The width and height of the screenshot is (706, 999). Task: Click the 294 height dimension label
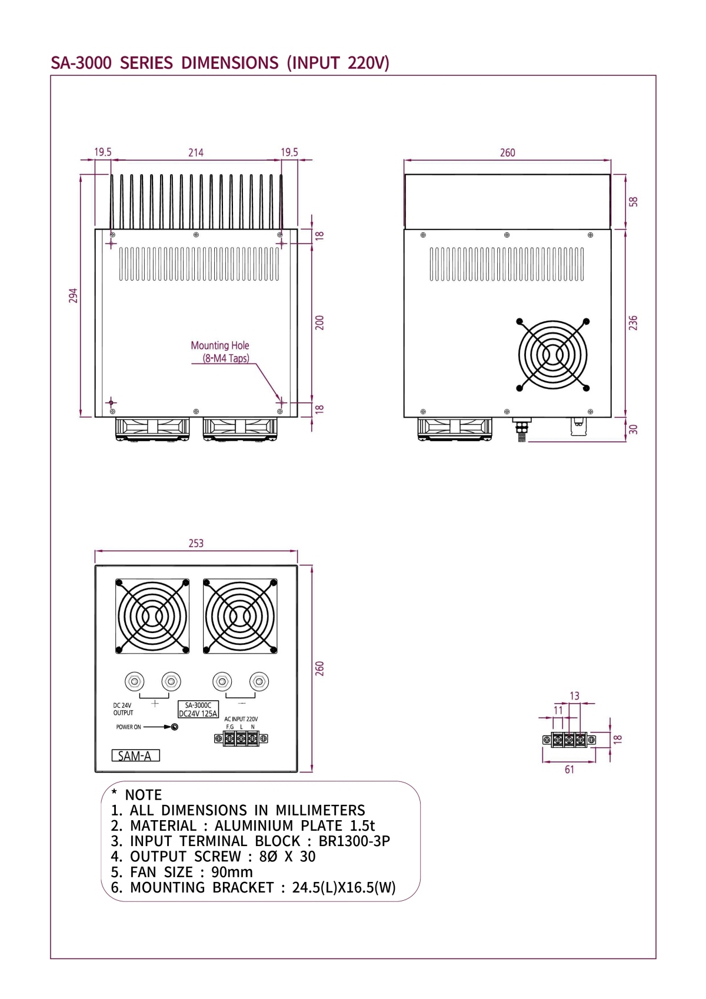[73, 295]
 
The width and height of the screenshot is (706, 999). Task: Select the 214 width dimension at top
[196, 153]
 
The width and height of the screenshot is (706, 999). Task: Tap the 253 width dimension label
[196, 544]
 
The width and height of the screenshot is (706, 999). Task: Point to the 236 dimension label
[633, 323]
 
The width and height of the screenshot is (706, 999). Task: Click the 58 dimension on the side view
[633, 202]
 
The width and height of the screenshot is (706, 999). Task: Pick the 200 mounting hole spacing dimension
[319, 322]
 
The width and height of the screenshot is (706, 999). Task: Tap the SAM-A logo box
[135, 756]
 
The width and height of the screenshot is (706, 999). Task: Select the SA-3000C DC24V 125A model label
[198, 710]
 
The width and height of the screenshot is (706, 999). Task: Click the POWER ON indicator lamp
[175, 727]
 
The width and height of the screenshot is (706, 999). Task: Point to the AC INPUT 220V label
[241, 719]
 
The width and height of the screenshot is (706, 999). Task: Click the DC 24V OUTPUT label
[123, 709]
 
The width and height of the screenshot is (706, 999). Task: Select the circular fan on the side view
[552, 355]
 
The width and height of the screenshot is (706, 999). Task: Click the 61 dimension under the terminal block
[570, 770]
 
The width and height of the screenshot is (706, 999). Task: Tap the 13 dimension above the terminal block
[575, 696]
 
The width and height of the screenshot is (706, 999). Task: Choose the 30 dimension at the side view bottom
[633, 429]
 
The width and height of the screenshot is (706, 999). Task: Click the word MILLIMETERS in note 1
[320, 811]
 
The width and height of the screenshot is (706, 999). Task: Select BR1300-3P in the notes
[354, 841]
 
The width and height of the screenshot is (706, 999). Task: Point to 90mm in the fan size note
[232, 872]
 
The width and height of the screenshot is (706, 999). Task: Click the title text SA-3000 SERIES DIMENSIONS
[165, 63]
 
